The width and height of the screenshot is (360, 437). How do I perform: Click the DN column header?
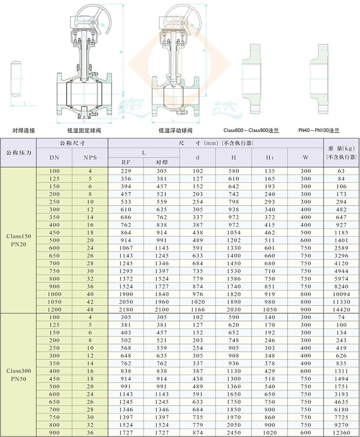click(54, 157)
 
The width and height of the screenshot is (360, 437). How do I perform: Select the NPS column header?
click(90, 157)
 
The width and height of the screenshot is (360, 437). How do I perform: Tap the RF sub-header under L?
click(126, 162)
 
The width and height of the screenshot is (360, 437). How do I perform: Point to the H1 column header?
click(270, 157)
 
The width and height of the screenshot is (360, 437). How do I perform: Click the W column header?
click(305, 157)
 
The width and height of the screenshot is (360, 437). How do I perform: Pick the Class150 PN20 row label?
click(19, 240)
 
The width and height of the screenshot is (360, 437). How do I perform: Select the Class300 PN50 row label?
click(19, 375)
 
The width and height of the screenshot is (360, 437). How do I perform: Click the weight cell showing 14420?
click(341, 310)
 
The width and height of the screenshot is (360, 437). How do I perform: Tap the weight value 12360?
click(341, 432)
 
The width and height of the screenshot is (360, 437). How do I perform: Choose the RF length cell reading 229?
click(126, 171)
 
